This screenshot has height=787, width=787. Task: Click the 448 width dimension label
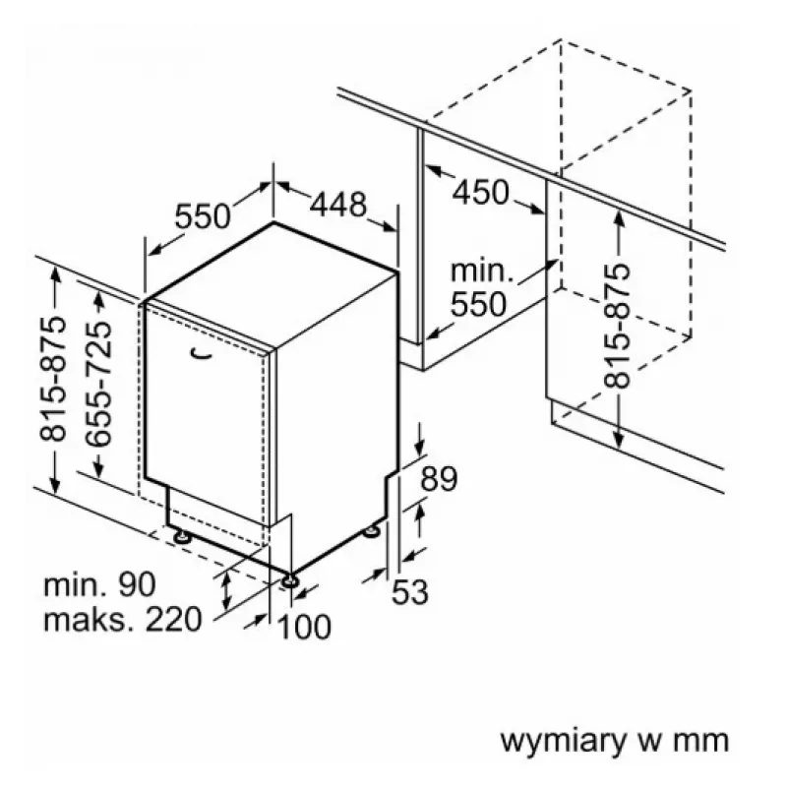[x=337, y=205]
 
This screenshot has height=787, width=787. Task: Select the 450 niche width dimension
[x=481, y=192]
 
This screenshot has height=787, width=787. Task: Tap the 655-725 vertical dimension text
[x=98, y=384]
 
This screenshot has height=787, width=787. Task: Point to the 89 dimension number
[x=439, y=478]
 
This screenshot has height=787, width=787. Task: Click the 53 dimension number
[x=410, y=592]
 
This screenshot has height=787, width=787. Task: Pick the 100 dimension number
[x=304, y=627]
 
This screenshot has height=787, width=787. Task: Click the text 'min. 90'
[x=100, y=584]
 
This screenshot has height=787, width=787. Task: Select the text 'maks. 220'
[x=123, y=620]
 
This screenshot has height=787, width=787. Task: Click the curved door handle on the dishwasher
[x=202, y=354]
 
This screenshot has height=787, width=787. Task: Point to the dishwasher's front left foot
[x=182, y=537]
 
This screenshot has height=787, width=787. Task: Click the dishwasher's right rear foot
[x=373, y=531]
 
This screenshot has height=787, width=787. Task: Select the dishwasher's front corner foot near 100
[x=290, y=581]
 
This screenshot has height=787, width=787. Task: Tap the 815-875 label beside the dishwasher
[x=53, y=380]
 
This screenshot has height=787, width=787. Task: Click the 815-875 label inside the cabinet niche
[x=617, y=326]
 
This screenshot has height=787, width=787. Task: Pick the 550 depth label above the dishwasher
[x=203, y=216]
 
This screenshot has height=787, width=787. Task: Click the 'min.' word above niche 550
[x=482, y=272]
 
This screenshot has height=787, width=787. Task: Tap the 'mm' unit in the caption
[x=700, y=742]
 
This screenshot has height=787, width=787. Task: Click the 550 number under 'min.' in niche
[x=479, y=304]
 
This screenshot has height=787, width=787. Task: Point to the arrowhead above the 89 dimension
[x=420, y=449]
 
